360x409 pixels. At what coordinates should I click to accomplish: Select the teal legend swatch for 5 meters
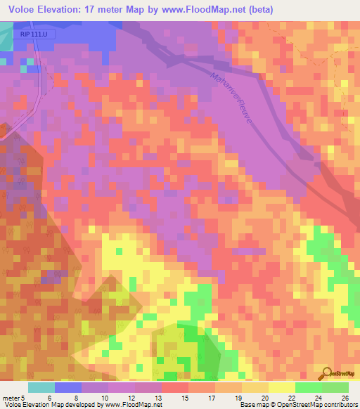41,387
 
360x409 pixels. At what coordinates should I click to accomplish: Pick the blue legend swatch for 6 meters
68,387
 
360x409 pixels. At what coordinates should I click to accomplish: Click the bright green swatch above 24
308,387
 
